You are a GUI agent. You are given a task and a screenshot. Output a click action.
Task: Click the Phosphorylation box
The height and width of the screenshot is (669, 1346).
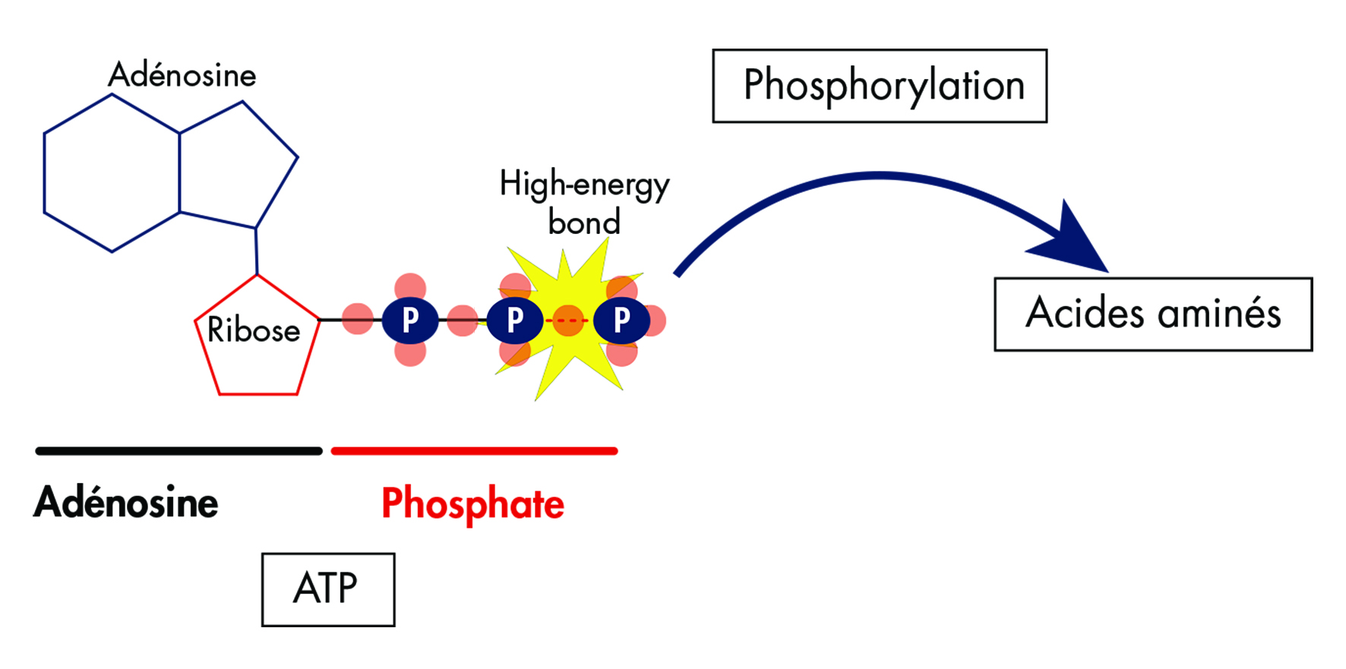(x=880, y=86)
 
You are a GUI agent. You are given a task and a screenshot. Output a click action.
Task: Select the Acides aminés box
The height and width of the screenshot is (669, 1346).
(x=1153, y=314)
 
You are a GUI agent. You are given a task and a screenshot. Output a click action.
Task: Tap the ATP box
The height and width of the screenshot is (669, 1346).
(x=328, y=589)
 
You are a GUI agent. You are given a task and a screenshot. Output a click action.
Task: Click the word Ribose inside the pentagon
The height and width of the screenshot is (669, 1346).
(x=254, y=330)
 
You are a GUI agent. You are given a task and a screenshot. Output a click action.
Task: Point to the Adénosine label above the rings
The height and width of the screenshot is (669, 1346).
(x=182, y=75)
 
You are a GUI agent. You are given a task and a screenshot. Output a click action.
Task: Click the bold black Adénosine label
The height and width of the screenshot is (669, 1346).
(x=126, y=503)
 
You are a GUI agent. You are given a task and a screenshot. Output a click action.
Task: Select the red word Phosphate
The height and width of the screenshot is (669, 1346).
(x=472, y=503)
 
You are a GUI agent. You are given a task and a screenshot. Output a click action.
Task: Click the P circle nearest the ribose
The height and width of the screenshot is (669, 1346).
(x=410, y=320)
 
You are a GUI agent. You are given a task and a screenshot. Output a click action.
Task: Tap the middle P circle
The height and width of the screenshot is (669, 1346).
(x=515, y=320)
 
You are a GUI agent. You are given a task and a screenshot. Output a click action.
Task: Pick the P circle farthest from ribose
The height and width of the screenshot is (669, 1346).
(x=621, y=320)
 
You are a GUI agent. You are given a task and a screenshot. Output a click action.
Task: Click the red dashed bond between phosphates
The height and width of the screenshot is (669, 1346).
(x=568, y=320)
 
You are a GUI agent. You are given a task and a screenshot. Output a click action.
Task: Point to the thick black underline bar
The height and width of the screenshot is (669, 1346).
(x=179, y=451)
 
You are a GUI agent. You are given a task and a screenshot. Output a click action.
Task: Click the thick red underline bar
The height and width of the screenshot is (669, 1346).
(x=475, y=451)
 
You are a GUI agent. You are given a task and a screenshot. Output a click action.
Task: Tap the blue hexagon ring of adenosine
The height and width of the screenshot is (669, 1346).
(x=112, y=173)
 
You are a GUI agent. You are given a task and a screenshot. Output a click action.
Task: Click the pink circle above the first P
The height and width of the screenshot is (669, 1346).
(x=410, y=288)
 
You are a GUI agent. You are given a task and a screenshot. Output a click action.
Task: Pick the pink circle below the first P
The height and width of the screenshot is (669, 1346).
(x=410, y=352)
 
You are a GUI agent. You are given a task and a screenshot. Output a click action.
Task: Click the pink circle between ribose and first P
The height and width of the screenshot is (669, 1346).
(x=358, y=319)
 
